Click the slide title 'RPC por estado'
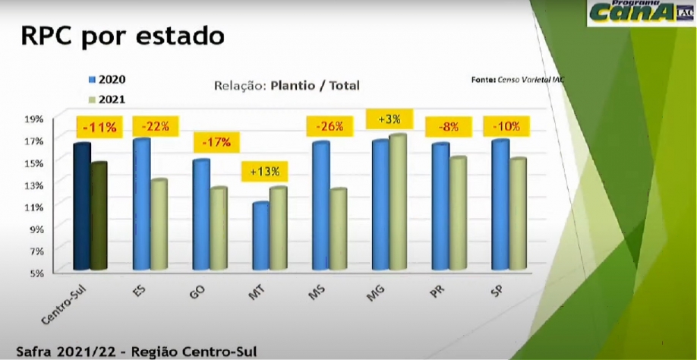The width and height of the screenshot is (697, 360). [x=122, y=36]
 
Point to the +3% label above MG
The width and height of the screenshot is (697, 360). [x=388, y=119]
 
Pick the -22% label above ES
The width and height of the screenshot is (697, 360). [x=155, y=126]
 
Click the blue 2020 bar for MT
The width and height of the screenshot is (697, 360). [x=261, y=235]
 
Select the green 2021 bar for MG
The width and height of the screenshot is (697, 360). [x=398, y=202]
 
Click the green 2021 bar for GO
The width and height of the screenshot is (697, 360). [x=219, y=229]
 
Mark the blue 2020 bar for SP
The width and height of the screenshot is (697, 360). [x=500, y=204]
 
